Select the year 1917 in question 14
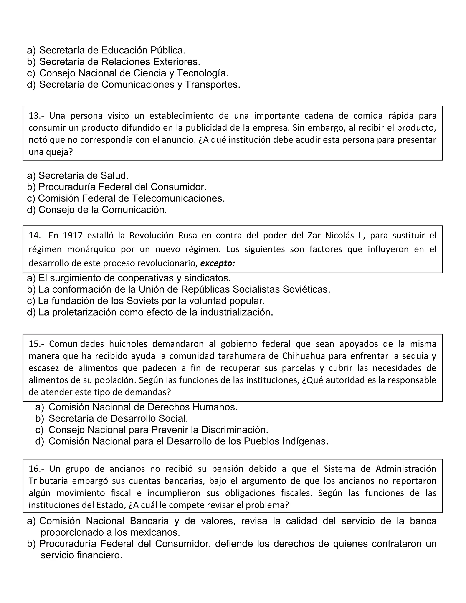click(x=73, y=236)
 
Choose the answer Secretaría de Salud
click(x=83, y=175)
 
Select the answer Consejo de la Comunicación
click(x=102, y=210)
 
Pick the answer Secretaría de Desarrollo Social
click(x=118, y=418)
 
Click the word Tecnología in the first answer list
click(x=202, y=73)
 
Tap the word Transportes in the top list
click(x=212, y=84)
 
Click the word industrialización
click(x=236, y=312)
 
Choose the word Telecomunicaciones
click(x=178, y=198)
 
